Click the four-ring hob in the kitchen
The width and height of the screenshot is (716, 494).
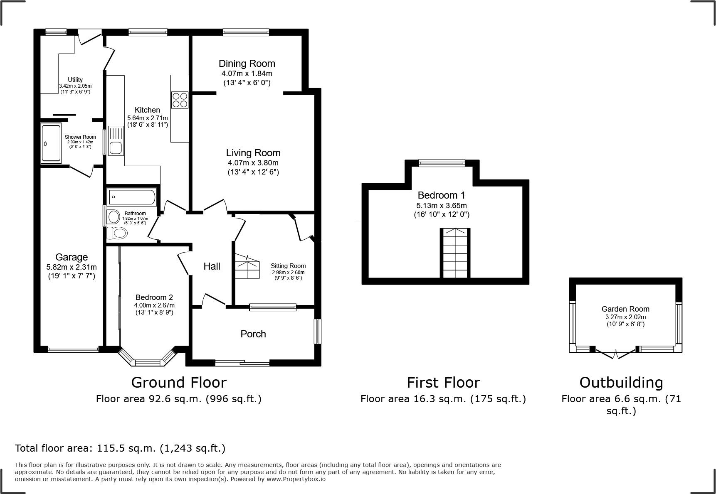coord(180,100)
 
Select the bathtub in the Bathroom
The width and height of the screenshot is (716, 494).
coord(132,197)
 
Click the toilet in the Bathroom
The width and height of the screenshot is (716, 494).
coord(117,233)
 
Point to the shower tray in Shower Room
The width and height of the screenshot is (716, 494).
coord(52,143)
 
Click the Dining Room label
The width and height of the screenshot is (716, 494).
coord(247,64)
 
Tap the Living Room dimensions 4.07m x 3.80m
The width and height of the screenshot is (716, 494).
coord(253,163)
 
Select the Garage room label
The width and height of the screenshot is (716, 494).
coord(72,257)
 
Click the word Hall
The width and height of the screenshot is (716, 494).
coord(212,266)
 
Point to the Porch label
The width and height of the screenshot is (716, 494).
coord(253,334)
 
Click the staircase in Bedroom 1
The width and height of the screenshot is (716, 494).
coord(455,253)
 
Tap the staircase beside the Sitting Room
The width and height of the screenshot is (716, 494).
coord(247,266)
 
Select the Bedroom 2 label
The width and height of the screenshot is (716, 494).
coord(154,297)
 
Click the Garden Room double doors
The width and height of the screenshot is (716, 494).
coord(616,354)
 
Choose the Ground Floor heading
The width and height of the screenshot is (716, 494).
coord(179,382)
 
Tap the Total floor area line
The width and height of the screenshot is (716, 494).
coord(120,448)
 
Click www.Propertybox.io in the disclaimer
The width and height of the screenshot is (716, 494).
coord(296,479)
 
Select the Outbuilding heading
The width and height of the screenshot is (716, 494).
coord(621,382)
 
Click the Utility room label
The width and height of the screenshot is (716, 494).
coord(75,80)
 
